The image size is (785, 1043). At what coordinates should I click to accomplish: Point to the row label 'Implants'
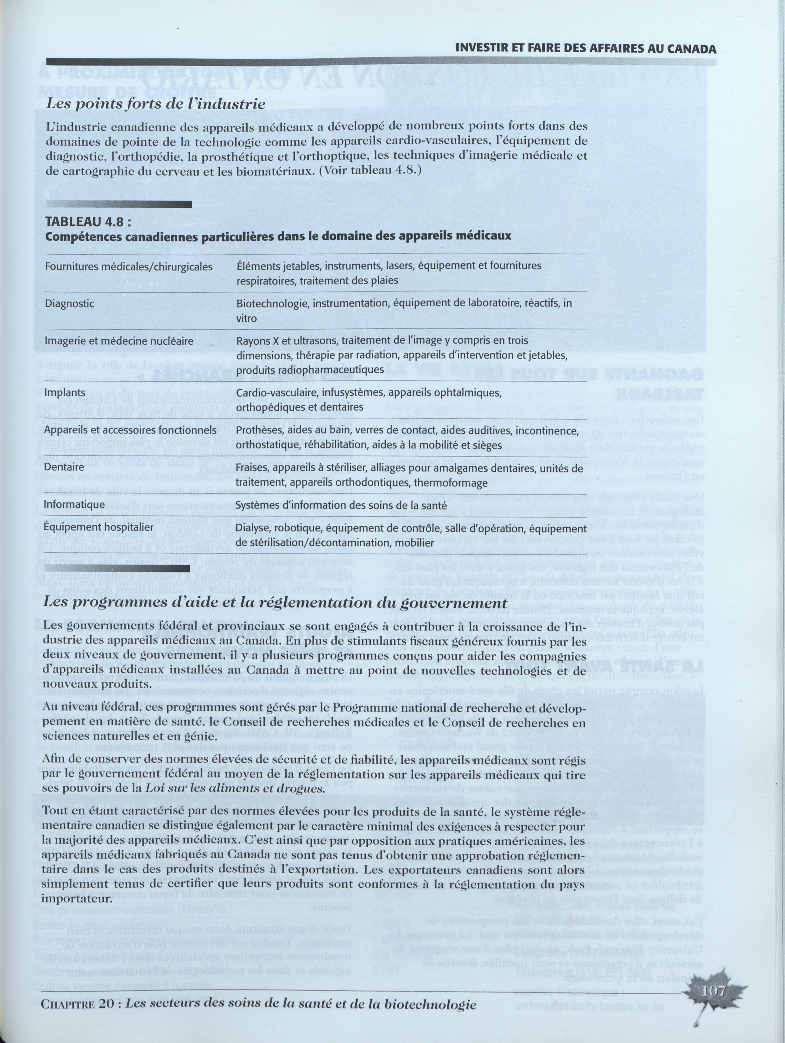65,392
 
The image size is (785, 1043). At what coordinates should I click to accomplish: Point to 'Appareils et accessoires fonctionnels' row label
130,430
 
